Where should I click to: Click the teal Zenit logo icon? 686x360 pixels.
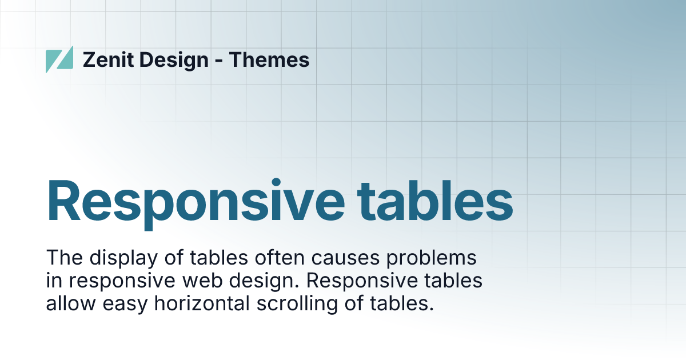click(59, 59)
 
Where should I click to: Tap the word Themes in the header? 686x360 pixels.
click(269, 59)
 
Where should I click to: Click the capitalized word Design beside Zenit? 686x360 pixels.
click(174, 59)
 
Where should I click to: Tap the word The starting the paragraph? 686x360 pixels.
click(63, 258)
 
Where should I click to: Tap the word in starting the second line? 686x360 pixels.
click(54, 281)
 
